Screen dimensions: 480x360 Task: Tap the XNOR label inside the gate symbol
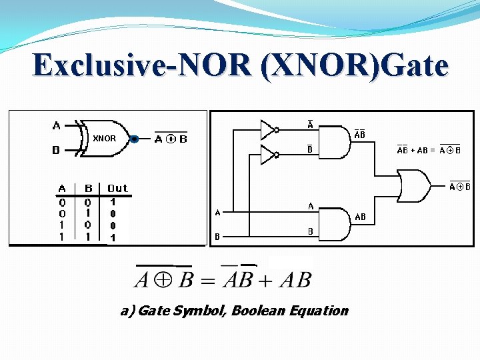point(104,139)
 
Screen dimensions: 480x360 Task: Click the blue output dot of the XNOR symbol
point(134,139)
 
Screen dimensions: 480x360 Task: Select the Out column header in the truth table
point(117,189)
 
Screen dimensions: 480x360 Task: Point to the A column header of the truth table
point(62,189)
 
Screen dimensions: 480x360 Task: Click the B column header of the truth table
point(89,189)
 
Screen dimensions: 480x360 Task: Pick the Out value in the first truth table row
point(113,201)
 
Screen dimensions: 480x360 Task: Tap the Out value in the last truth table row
point(113,237)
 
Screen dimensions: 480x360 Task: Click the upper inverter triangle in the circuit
point(267,128)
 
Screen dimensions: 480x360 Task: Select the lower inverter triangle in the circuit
point(267,156)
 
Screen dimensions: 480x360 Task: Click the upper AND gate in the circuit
point(336,141)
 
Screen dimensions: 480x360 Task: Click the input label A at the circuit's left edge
point(217,213)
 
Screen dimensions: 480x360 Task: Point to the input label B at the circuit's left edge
point(217,236)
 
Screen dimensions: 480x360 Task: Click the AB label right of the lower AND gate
point(360,217)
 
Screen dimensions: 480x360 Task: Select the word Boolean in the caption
point(259,311)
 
